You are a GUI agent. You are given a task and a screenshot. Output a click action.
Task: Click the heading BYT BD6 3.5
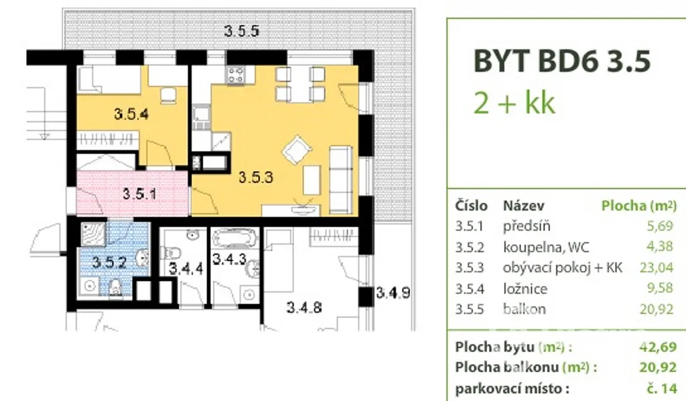562,60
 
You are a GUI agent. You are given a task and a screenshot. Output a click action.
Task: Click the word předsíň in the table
527,227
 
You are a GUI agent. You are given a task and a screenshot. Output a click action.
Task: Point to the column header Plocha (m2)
638,205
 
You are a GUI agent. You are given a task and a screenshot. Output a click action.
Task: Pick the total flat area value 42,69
658,347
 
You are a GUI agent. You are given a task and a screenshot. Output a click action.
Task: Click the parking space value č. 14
662,388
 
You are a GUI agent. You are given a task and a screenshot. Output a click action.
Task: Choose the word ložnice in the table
525,288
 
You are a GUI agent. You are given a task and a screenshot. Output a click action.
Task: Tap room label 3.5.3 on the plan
255,177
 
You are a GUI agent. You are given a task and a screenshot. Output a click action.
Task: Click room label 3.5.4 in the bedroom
131,114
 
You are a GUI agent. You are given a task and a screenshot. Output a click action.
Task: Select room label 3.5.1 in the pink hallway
139,194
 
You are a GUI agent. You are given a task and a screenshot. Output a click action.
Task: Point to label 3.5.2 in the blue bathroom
109,262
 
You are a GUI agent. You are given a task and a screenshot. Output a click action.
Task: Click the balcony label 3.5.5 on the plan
241,31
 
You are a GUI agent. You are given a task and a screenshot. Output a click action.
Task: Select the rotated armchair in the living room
297,150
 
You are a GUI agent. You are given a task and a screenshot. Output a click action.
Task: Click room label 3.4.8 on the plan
304,307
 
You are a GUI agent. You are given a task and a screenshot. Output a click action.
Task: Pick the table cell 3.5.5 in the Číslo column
470,309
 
